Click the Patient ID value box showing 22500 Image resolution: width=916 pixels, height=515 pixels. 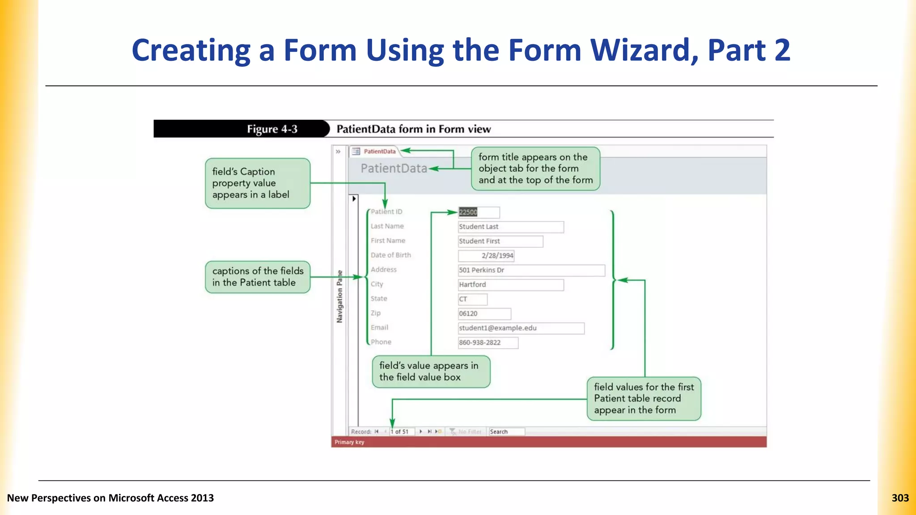pos(478,212)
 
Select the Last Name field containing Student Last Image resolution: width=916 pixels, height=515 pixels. pos(510,227)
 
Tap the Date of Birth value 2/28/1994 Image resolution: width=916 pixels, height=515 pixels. pos(486,256)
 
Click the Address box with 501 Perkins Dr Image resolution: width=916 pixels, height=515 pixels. pos(531,270)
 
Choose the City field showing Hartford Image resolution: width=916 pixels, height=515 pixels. pos(510,285)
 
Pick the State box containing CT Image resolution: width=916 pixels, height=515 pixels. pos(472,299)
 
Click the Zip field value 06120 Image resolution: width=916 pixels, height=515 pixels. pos(484,314)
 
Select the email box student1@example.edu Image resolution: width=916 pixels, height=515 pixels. pos(521,328)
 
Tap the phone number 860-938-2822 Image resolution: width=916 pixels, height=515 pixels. pos(488,342)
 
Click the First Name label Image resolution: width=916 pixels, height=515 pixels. pos(388,241)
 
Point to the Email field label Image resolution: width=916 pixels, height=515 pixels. pos(379,328)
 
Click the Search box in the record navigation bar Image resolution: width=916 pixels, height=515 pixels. pos(506,431)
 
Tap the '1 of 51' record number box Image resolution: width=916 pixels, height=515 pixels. pos(401,431)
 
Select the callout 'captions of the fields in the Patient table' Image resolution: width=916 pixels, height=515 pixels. pos(258,277)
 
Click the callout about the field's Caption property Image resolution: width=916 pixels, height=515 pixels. pos(258,183)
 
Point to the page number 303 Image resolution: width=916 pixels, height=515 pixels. pos(900,498)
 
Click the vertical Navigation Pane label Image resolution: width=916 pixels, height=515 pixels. pos(339,296)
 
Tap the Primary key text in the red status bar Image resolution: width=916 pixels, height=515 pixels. pos(349,442)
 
